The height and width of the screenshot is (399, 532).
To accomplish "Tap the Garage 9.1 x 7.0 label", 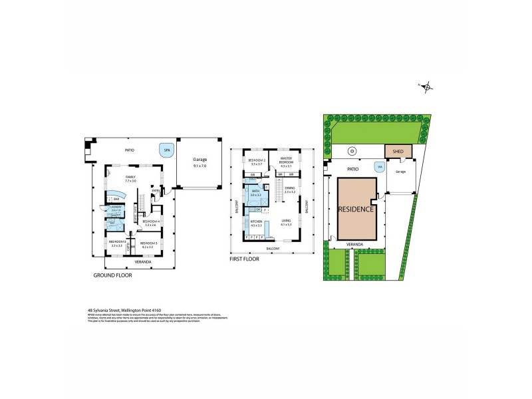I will click(201, 162).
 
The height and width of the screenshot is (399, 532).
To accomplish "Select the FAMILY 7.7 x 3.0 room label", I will click(130, 178).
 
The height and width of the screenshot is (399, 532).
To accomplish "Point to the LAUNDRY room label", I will click(116, 209).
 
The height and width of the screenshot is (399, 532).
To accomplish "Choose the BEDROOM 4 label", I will click(149, 223).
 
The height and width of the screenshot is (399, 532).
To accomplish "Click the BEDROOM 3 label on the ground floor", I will click(148, 244).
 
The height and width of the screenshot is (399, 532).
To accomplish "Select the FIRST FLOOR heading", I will click(243, 259).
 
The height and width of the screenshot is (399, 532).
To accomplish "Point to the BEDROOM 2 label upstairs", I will click(257, 162).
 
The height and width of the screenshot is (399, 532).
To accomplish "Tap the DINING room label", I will click(290, 190).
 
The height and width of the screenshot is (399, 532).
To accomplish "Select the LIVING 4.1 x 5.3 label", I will click(287, 222).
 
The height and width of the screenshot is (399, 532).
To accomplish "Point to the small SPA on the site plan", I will click(380, 168).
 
